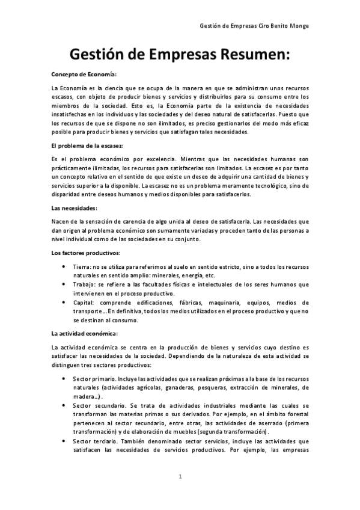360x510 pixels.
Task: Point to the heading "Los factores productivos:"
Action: click(86, 252)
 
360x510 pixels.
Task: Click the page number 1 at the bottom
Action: click(180, 476)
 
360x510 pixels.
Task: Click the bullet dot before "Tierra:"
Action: click(64, 266)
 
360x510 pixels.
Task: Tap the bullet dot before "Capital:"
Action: click(64, 302)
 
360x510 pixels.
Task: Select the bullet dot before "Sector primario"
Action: click(64, 379)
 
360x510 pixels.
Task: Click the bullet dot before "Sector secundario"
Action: click(64, 406)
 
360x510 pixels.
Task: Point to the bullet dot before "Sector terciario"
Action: click(64, 441)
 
